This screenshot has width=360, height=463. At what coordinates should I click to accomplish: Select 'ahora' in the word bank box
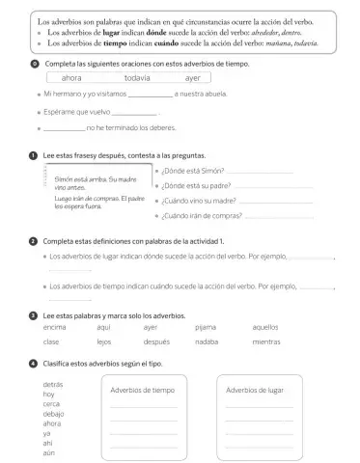71,78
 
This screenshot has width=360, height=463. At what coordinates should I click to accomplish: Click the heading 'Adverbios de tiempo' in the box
143,390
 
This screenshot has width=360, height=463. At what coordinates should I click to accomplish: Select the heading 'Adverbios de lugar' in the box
254,390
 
